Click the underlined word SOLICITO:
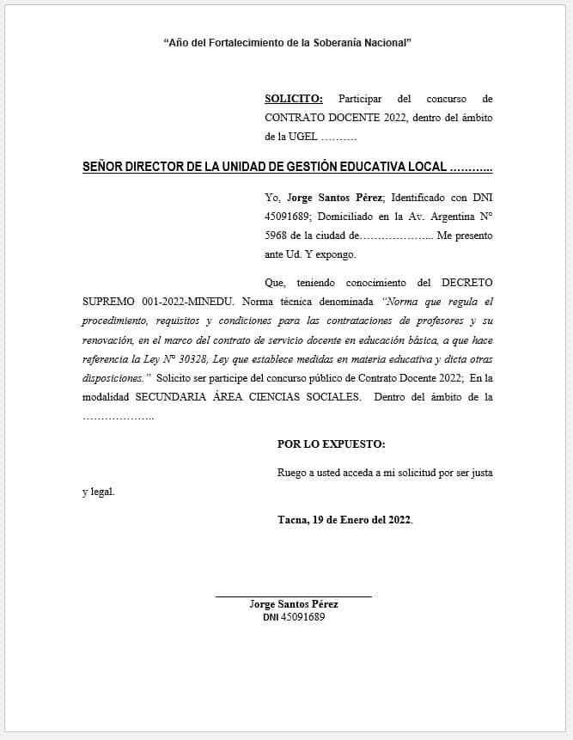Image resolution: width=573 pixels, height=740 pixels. pyautogui.click(x=294, y=99)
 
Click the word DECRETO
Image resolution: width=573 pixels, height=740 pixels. pyautogui.click(x=466, y=283)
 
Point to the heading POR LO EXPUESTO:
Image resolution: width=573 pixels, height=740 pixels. pyautogui.click(x=331, y=444)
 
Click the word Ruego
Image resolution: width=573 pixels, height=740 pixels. pyautogui.click(x=292, y=473)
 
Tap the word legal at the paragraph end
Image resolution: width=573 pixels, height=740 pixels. pyautogui.click(x=104, y=492)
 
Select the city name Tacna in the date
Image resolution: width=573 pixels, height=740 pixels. pyautogui.click(x=292, y=520)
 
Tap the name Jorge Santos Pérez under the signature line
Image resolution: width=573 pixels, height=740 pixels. pyautogui.click(x=293, y=605)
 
